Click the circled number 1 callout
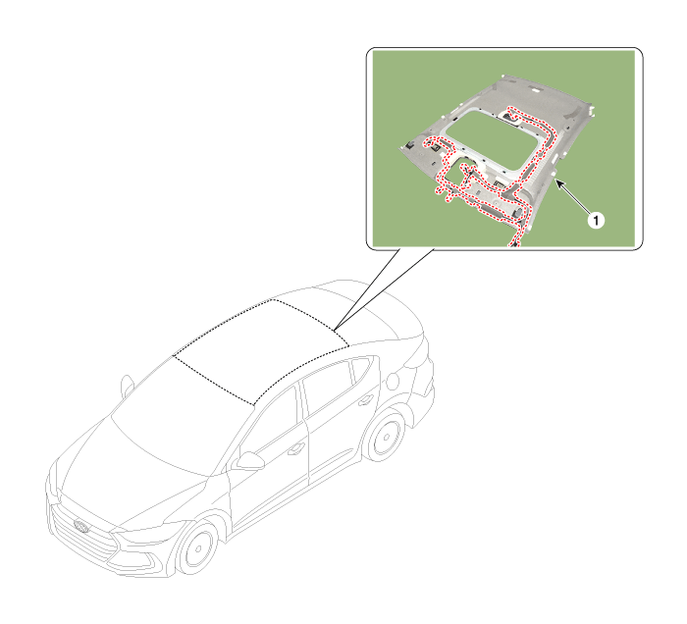[596, 220]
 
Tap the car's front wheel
[197, 547]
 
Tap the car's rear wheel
[386, 437]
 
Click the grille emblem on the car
[81, 526]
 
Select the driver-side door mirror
[250, 461]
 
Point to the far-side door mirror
[128, 386]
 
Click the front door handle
[296, 448]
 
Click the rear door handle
[365, 399]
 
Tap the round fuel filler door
[394, 380]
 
